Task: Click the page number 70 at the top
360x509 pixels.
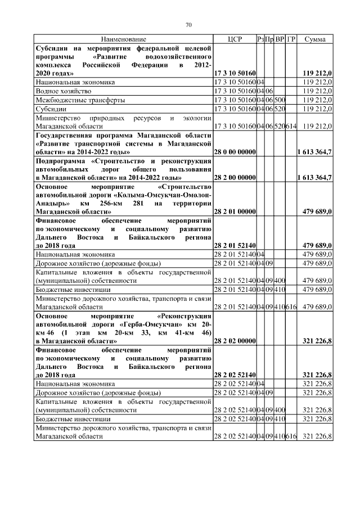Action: tap(189, 24)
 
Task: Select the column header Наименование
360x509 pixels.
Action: tap(124, 39)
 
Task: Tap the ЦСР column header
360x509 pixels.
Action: tap(235, 39)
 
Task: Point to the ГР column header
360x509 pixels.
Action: tap(291, 39)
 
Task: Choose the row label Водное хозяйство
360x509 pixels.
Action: tap(60, 91)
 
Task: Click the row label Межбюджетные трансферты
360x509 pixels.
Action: tap(73, 100)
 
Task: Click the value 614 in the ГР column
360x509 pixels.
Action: tap(291, 126)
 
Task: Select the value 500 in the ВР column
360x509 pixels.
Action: tap(280, 100)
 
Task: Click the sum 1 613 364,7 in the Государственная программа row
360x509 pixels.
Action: tap(314, 152)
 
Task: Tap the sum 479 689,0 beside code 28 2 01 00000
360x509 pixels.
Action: tap(317, 211)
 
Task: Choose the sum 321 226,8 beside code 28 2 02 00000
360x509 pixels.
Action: tap(317, 341)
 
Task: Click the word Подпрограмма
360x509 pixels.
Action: tap(61, 161)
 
